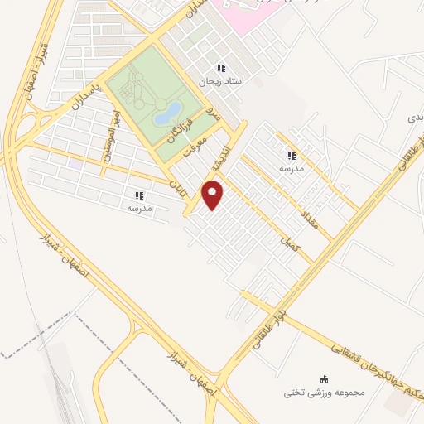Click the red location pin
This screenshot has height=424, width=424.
tap(214, 195)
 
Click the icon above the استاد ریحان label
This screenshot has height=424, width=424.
tap(220, 68)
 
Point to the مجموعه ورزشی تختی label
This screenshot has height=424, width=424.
tap(306, 391)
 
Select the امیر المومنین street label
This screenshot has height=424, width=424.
tap(112, 136)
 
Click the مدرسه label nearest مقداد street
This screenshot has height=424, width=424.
tap(291, 168)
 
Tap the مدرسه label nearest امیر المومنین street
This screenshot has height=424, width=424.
tap(139, 209)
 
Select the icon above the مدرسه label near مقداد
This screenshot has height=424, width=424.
tap(291, 155)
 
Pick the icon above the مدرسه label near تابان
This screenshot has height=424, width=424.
tap(139, 195)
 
